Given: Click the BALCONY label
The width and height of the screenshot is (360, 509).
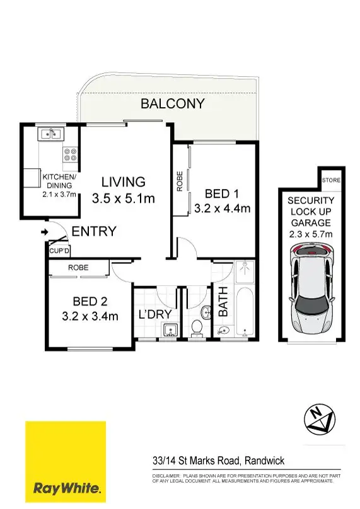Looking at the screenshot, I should [x=172, y=104].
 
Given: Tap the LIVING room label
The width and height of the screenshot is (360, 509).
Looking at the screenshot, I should [x=123, y=182].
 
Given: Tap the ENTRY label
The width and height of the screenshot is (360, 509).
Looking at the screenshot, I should [x=93, y=232].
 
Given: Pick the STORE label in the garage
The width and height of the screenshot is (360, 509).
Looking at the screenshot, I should [x=331, y=181].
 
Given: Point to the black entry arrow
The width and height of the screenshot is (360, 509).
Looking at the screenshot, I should [x=44, y=232].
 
